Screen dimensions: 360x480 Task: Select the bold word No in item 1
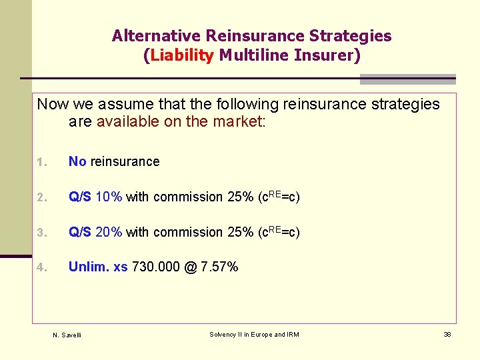[77, 161]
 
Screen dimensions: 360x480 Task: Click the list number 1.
[40, 162]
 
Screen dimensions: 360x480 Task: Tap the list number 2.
[40, 197]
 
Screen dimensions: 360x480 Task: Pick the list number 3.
[40, 233]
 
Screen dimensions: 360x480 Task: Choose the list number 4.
[40, 268]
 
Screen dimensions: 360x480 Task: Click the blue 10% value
[109, 197]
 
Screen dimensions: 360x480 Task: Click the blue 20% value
[109, 232]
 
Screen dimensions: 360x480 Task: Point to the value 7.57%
[219, 267]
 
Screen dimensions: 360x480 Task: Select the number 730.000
[156, 267]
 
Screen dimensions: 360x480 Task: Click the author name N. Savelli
[67, 335]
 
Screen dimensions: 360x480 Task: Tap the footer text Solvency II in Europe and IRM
[254, 334]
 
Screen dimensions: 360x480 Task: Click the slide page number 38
[447, 334]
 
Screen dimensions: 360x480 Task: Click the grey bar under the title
[407, 79]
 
